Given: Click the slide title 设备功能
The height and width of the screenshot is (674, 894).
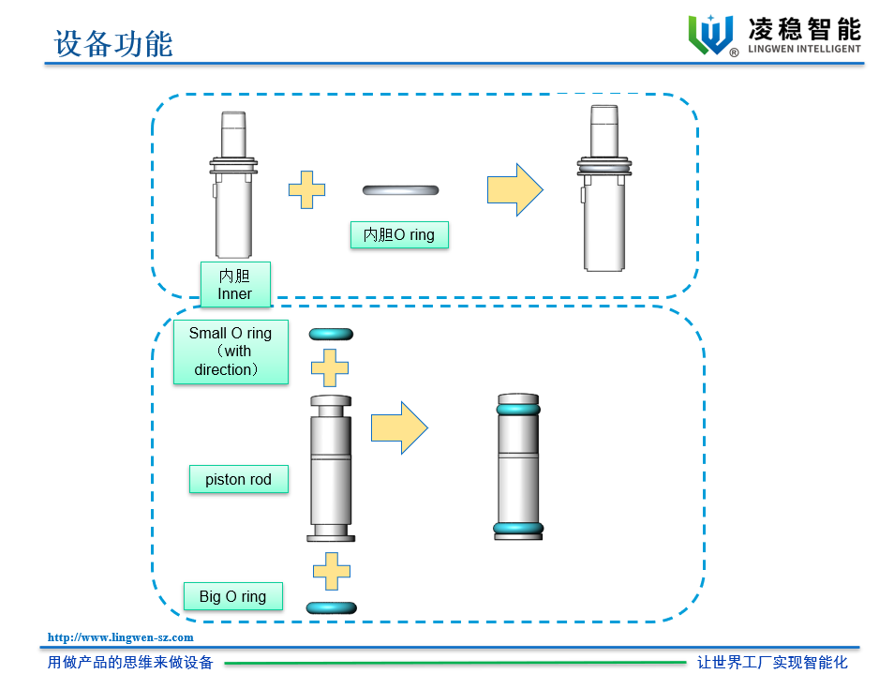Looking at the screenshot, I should [113, 42].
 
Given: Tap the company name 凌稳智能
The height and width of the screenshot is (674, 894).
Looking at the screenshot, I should [804, 28].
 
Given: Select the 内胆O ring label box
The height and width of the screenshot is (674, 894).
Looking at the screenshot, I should [399, 234].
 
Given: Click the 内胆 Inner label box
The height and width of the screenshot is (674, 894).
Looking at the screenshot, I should [234, 285].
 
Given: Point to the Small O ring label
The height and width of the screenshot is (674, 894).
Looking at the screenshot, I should [230, 352].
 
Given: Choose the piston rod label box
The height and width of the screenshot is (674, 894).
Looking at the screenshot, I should [238, 479].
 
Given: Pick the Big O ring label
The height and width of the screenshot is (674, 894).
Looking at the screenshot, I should [232, 596].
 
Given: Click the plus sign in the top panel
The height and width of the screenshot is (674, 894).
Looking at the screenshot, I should [306, 190].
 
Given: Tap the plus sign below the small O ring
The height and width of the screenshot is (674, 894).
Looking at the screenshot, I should [330, 367].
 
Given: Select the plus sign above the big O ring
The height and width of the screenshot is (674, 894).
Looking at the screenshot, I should [331, 571].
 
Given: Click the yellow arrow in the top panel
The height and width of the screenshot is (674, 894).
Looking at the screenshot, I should [514, 190].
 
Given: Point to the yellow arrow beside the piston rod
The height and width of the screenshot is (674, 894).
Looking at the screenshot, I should [399, 428].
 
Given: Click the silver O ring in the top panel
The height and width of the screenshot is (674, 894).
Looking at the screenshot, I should [400, 190].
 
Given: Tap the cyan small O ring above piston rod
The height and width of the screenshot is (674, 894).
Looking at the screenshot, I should [331, 334].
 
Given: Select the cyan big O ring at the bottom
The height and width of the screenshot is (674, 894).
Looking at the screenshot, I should [331, 607].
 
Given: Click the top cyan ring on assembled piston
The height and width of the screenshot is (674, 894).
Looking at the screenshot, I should [518, 409].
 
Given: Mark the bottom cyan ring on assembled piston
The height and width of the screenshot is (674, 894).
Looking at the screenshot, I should [518, 529].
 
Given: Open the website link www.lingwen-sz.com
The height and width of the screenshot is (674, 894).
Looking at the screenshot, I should [121, 637].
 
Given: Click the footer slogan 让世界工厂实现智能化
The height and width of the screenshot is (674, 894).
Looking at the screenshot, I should [772, 662].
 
